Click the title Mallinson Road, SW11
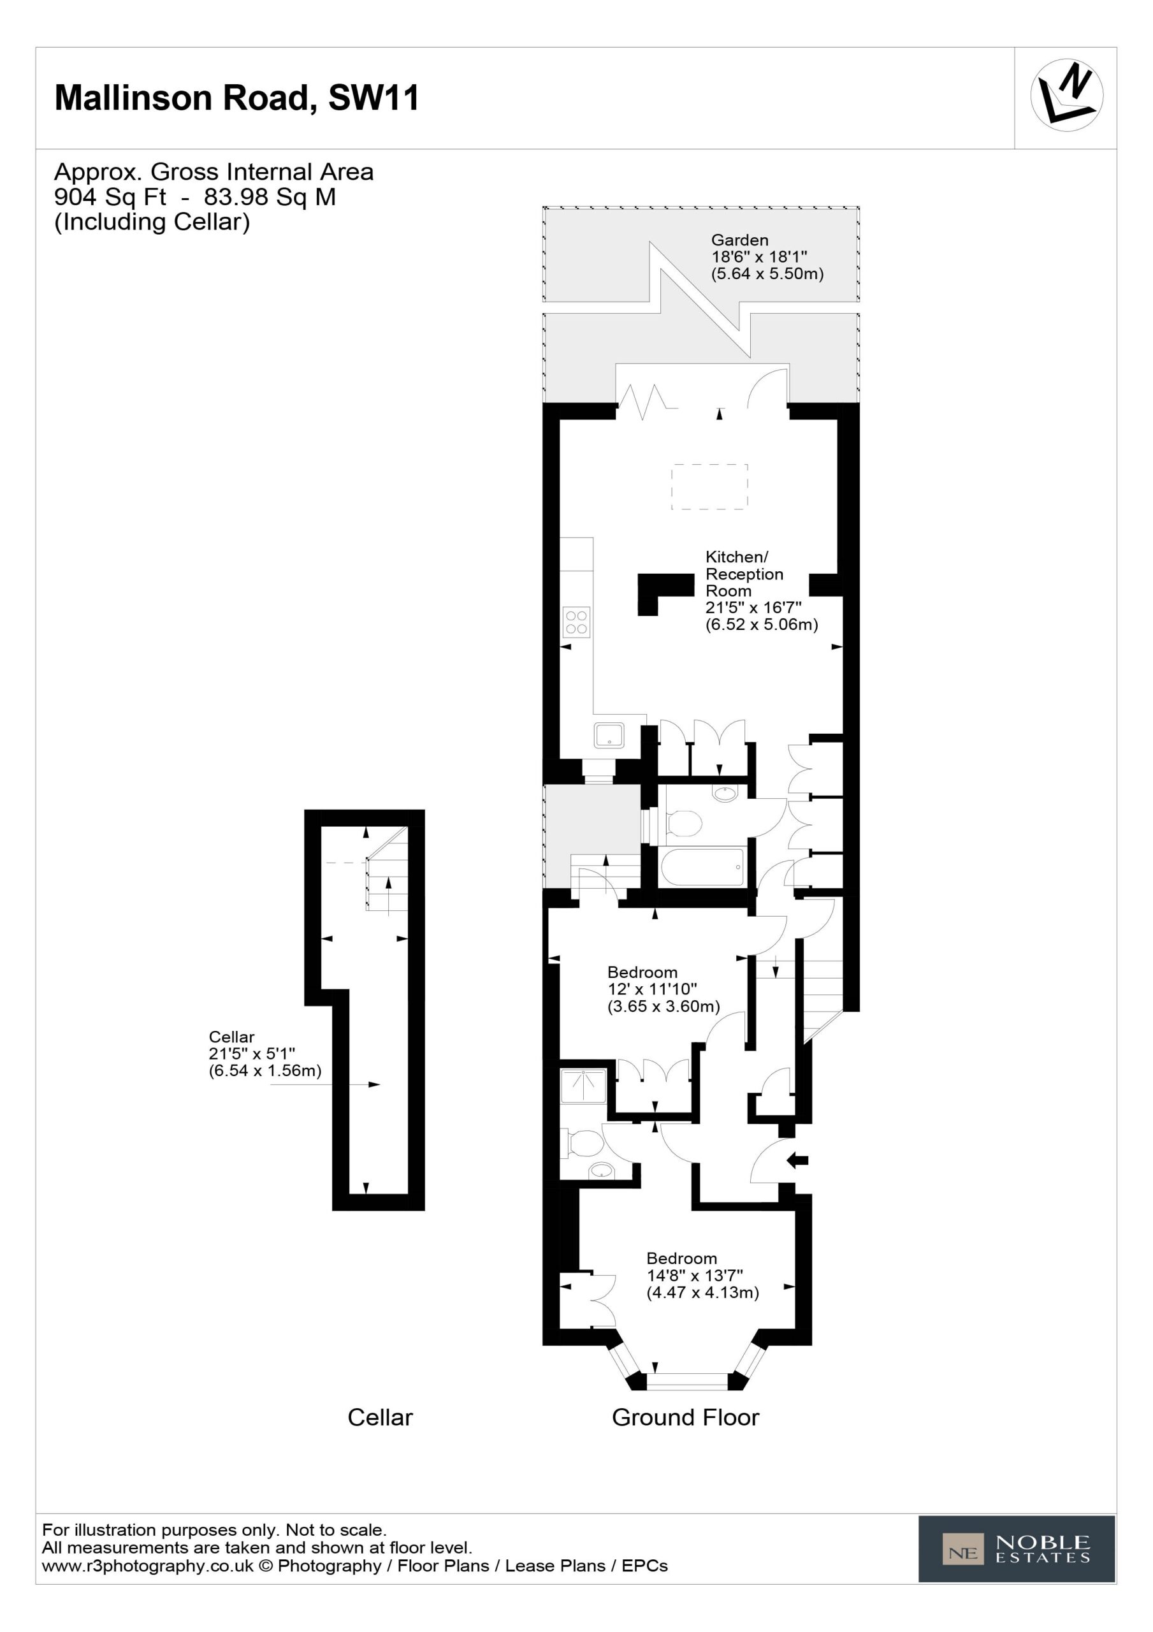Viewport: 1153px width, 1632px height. (x=236, y=98)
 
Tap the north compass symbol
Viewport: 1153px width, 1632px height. (x=1066, y=95)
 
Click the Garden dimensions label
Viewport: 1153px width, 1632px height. (x=767, y=257)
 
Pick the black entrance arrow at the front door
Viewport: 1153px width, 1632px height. (x=797, y=1161)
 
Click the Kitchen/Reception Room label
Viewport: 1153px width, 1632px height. (x=761, y=591)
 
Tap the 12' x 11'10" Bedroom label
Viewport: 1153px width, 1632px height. (x=664, y=989)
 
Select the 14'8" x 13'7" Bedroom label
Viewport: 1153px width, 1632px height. (x=702, y=1275)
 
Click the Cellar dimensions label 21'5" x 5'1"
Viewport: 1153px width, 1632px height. (x=265, y=1054)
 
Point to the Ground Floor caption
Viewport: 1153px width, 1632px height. (x=685, y=1417)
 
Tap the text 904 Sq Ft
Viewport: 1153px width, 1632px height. (x=110, y=197)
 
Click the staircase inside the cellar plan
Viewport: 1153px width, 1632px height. (x=387, y=869)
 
